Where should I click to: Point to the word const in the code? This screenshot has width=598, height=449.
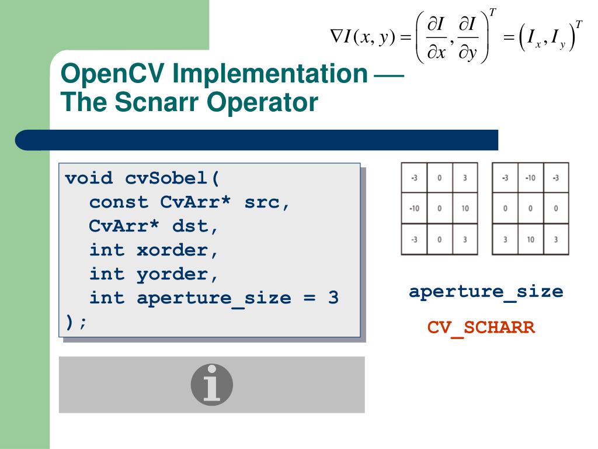(x=119, y=202)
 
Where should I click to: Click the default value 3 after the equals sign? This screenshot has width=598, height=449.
(x=333, y=298)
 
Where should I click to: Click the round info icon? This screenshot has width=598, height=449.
(x=211, y=385)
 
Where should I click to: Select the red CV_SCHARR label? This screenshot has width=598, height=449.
(x=481, y=327)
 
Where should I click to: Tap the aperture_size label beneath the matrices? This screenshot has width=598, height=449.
(x=486, y=291)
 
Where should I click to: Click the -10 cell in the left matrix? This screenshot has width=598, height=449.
(x=414, y=208)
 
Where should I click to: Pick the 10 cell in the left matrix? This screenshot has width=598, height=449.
(x=465, y=208)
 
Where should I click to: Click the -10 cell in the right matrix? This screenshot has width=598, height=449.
(x=530, y=178)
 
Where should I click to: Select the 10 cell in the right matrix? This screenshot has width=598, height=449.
(x=530, y=239)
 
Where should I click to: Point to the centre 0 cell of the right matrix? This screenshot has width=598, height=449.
(x=530, y=208)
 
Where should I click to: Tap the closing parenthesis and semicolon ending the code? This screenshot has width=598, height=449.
(x=76, y=322)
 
